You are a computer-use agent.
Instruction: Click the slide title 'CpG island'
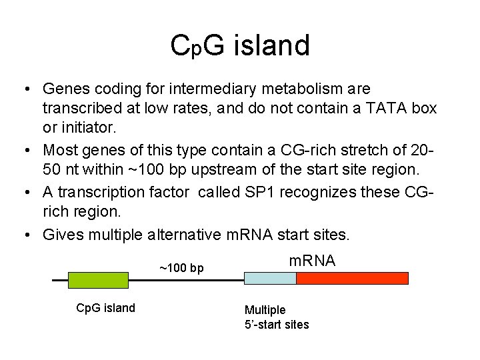(240, 46)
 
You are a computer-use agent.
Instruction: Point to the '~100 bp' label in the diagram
(181, 268)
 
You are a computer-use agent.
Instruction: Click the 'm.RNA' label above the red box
(311, 261)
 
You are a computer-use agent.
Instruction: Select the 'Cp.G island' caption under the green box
(105, 307)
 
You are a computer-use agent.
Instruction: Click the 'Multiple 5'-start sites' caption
(276, 317)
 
